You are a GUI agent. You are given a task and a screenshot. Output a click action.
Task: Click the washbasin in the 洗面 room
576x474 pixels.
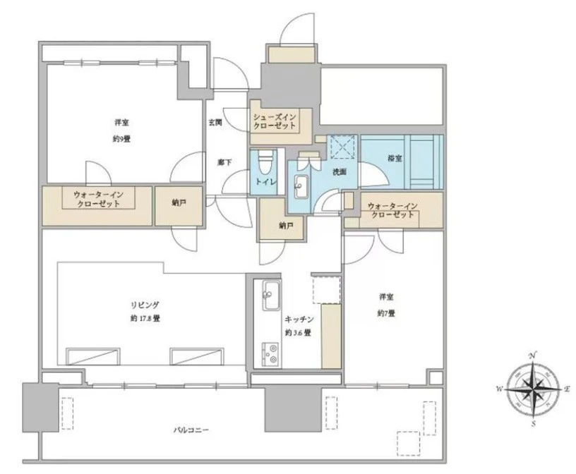click(x=301, y=186)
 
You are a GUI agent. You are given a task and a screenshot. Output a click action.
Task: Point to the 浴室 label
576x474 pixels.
click(x=395, y=158)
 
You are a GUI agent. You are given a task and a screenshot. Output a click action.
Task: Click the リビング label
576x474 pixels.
click(x=145, y=305)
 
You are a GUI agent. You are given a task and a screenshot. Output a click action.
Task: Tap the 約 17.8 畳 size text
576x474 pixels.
click(x=145, y=319)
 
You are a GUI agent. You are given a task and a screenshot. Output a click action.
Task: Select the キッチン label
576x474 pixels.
click(x=299, y=319)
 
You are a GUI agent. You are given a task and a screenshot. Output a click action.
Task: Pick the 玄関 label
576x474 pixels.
click(x=215, y=123)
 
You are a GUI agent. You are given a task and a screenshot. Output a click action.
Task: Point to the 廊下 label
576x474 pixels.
click(x=224, y=162)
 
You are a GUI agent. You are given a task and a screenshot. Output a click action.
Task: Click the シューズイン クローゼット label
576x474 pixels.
click(x=275, y=121)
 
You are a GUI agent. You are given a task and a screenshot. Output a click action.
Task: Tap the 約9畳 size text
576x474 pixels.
click(x=122, y=139)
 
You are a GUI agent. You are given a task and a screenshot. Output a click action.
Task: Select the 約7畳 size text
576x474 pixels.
click(x=386, y=314)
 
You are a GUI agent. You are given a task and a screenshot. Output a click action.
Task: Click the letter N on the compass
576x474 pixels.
click(x=532, y=355)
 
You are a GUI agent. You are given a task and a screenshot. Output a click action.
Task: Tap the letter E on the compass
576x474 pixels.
click(x=567, y=389)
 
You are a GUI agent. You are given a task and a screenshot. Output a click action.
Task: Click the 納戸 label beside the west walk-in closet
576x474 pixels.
click(x=179, y=202)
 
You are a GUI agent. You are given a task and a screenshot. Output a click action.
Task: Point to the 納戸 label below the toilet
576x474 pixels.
click(x=285, y=226)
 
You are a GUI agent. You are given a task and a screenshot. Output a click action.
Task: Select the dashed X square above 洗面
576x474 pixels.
click(x=342, y=147)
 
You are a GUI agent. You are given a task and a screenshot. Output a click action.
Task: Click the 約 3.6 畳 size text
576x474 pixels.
click(x=299, y=333)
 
